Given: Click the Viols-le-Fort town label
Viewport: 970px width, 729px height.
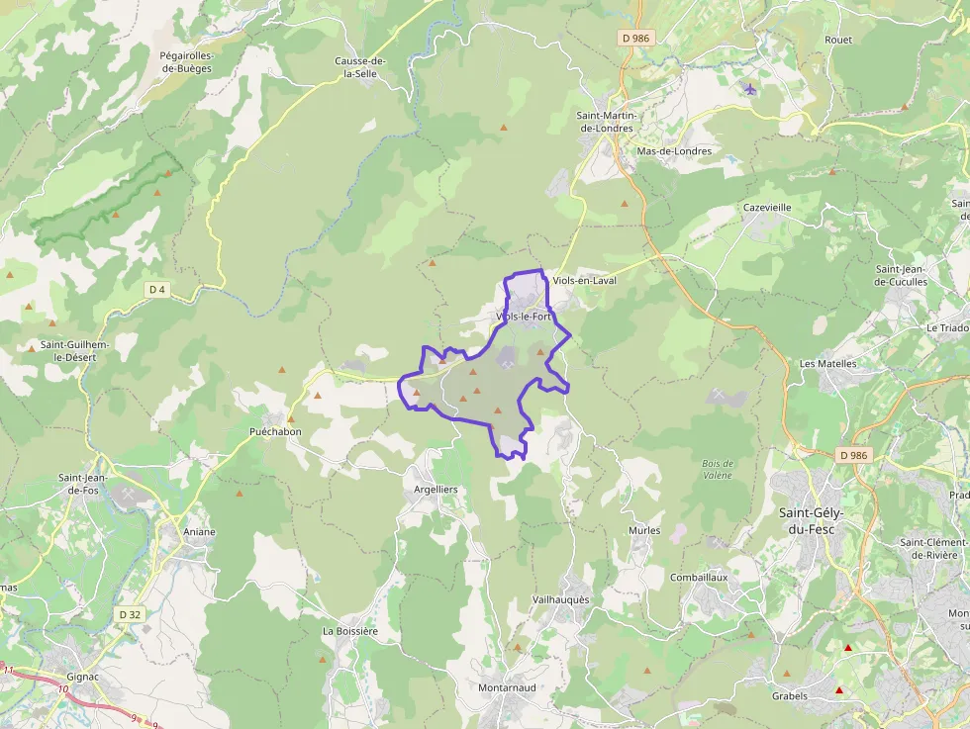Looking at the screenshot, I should click(524, 317).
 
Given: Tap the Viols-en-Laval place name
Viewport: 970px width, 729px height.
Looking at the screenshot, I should click(584, 281).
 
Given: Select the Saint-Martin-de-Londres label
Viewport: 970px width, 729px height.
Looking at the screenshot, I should click(608, 122).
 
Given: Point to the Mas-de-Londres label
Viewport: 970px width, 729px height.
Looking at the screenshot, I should click(674, 151).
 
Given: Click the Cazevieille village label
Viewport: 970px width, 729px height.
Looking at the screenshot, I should click(767, 208).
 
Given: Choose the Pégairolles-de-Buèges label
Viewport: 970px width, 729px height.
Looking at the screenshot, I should click(186, 62).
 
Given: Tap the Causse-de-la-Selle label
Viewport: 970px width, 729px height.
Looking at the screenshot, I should click(360, 67).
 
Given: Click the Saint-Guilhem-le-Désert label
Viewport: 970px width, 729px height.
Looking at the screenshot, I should click(74, 351).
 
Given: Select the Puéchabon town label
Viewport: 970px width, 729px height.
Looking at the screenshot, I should click(275, 432).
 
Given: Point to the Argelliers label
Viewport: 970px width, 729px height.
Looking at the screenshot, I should click(436, 490).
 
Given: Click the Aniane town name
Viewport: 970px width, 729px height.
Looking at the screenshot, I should click(199, 531).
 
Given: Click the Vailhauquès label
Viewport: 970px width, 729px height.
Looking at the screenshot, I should click(560, 600).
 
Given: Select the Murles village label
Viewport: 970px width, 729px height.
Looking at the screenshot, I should click(644, 531).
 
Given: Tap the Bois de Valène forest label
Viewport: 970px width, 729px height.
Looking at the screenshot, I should click(717, 469).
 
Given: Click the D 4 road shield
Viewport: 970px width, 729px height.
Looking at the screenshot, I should click(156, 289).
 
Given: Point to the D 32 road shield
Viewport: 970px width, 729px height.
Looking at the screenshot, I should click(130, 614).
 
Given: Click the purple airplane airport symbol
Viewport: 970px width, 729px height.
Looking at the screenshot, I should click(749, 89).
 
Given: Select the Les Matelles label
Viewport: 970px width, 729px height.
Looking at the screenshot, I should click(827, 363).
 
